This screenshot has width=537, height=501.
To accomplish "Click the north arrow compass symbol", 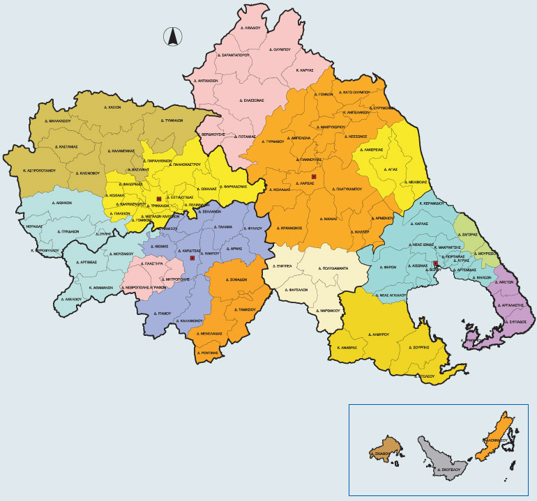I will pyautogui.click(x=172, y=37).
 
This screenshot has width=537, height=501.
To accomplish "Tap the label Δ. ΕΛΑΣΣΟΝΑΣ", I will pyautogui.click(x=249, y=100).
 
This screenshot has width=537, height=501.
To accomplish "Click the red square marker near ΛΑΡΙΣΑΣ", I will pyautogui.click(x=314, y=177).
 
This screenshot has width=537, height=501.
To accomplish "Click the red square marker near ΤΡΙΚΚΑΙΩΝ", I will pyautogui.click(x=160, y=200).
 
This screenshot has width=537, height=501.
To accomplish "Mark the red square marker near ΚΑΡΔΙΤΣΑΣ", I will pyautogui.click(x=192, y=259).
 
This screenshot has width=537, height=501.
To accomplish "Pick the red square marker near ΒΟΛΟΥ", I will pyautogui.click(x=435, y=263).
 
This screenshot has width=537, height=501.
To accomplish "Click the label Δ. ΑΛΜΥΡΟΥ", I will pyautogui.click(x=375, y=334).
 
